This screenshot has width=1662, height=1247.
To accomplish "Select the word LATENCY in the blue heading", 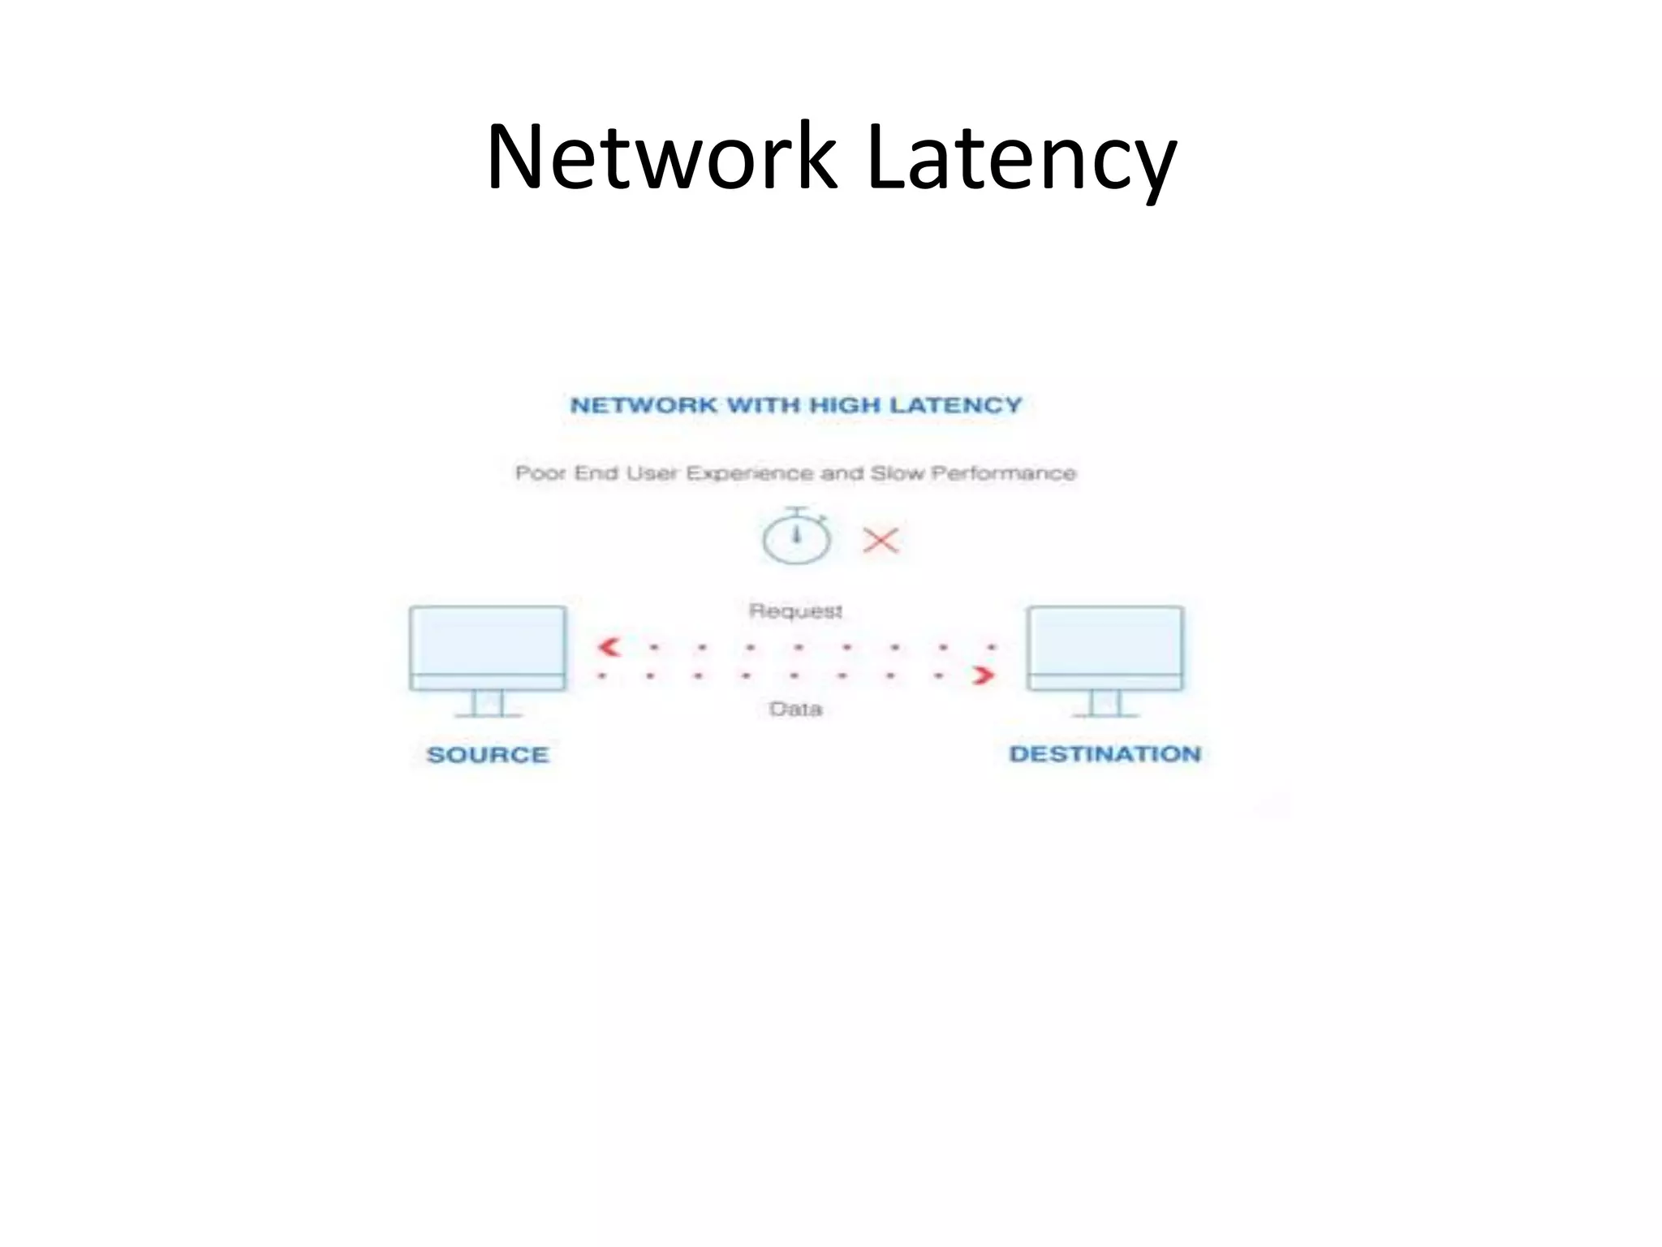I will click(955, 405).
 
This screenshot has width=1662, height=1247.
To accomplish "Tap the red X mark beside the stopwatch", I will click(881, 540).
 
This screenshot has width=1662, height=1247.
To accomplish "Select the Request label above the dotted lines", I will click(795, 611).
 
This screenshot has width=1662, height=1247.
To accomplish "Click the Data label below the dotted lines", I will click(795, 710).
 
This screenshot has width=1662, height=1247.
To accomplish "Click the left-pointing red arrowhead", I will click(609, 647).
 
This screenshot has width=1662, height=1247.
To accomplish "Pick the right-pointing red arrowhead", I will click(984, 675).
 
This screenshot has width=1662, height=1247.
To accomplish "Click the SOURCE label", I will click(488, 755).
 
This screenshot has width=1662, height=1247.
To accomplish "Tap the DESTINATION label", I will click(1104, 754).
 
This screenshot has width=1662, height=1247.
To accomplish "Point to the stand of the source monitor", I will click(488, 704).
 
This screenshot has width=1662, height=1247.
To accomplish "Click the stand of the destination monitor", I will click(1104, 704).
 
